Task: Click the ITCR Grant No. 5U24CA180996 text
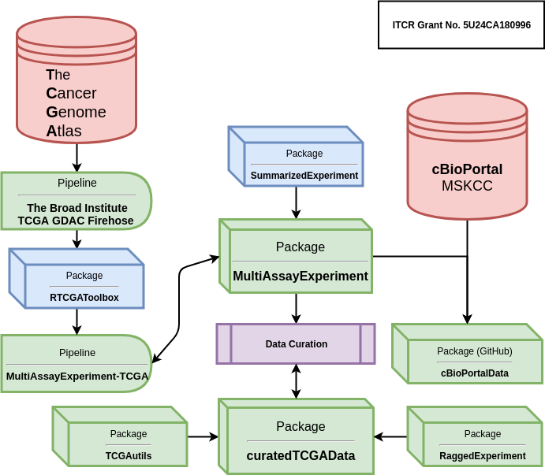[461, 25]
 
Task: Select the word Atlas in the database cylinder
[64, 131]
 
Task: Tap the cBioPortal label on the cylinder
[467, 169]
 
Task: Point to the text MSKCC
[467, 186]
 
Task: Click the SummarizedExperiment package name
[304, 175]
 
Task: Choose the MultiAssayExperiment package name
[300, 276]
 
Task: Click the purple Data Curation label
[297, 344]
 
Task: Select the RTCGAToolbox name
[84, 297]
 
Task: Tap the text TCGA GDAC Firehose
[76, 221]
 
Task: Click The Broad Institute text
[77, 208]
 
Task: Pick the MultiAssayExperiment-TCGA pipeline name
[77, 376]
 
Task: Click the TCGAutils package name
[129, 455]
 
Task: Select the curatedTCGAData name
[300, 455]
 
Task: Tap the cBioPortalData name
[475, 373]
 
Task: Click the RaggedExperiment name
[483, 455]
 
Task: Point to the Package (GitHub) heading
[475, 351]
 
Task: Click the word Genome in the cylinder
[76, 112]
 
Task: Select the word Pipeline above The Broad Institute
[77, 183]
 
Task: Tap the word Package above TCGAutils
[129, 433]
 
